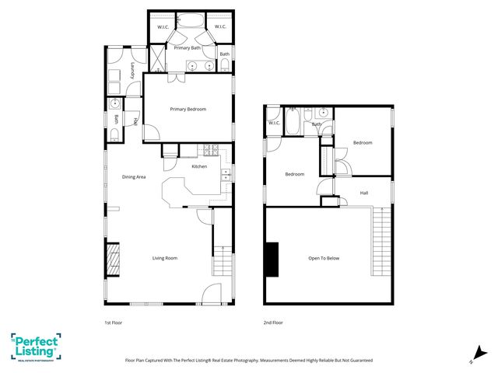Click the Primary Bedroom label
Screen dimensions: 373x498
pos(188,110)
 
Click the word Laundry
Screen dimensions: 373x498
pos(134,71)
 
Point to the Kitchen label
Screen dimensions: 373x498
pos(199,166)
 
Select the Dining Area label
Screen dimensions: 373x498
pos(134,177)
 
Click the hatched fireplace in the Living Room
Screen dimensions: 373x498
pos(114,260)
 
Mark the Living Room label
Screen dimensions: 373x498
pos(164,258)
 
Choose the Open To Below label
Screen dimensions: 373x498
pos(324,258)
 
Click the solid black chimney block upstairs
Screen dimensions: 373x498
pos(272,260)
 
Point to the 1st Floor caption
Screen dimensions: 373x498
pos(113,322)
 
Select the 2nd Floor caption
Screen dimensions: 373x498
pos(272,322)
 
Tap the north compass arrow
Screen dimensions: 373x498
pos(475,354)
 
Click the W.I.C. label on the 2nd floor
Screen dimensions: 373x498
pos(274,123)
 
